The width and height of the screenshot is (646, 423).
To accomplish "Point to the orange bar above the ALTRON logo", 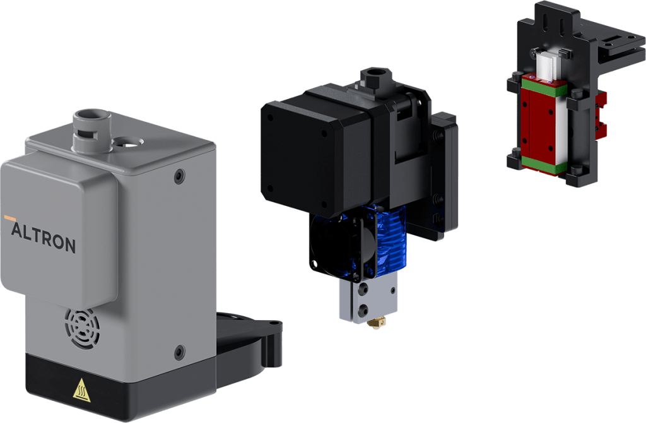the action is [10, 217].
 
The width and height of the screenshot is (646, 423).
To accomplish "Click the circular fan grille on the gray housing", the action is [82, 327].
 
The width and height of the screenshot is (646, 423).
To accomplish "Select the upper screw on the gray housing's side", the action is [179, 176].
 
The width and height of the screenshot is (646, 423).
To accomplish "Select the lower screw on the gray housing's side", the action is [179, 352].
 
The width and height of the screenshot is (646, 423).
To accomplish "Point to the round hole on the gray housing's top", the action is [127, 143].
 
